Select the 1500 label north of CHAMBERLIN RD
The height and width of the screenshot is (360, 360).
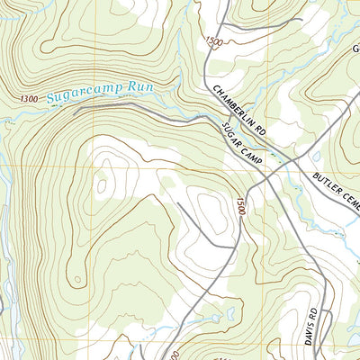(x=213, y=42)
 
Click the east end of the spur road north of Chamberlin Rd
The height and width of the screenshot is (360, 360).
(x=301, y=20)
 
